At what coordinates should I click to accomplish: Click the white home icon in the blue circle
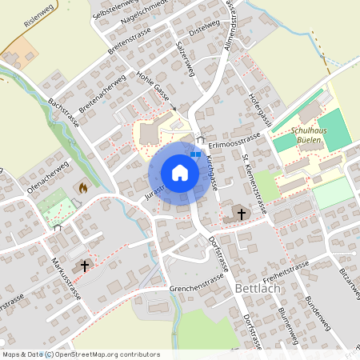[x=180, y=172]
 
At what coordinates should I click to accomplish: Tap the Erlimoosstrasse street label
[x=236, y=141]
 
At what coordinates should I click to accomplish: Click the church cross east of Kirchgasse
[x=242, y=213]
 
